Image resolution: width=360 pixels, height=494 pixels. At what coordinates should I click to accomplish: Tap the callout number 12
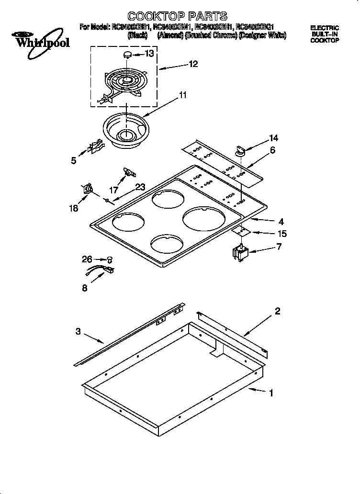click(x=193, y=64)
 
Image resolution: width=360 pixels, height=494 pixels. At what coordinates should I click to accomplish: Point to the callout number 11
click(x=182, y=95)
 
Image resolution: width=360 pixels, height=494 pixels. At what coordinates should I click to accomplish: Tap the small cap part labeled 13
click(x=128, y=55)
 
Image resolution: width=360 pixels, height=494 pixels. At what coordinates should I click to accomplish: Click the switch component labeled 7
click(x=240, y=252)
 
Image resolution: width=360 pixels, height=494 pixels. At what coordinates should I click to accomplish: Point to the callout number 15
click(x=282, y=234)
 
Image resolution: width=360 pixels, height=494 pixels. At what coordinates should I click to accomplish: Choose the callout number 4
click(x=281, y=221)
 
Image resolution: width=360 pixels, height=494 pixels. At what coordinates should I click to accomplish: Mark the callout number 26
click(x=86, y=259)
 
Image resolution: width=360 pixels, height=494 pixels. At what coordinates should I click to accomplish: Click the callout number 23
click(x=140, y=187)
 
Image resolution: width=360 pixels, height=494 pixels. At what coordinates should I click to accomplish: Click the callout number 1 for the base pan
click(x=271, y=394)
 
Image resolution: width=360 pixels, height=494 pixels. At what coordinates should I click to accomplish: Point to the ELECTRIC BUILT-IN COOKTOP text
click(x=325, y=34)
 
